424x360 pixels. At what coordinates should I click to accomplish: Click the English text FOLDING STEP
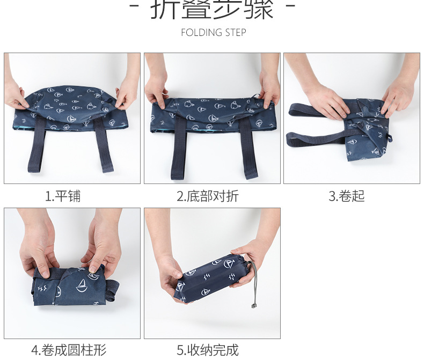[213, 33]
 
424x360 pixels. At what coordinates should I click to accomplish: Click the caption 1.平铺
[63, 196]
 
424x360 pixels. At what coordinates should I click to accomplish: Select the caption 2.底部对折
[207, 196]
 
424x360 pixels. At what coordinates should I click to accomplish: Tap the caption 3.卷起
[346, 196]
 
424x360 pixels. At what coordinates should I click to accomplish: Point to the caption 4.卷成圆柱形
[69, 350]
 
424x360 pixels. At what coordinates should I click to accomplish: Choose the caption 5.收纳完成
[207, 350]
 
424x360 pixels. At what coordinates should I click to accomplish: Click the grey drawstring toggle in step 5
[253, 306]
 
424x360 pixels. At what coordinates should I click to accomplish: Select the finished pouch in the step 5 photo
[215, 279]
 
